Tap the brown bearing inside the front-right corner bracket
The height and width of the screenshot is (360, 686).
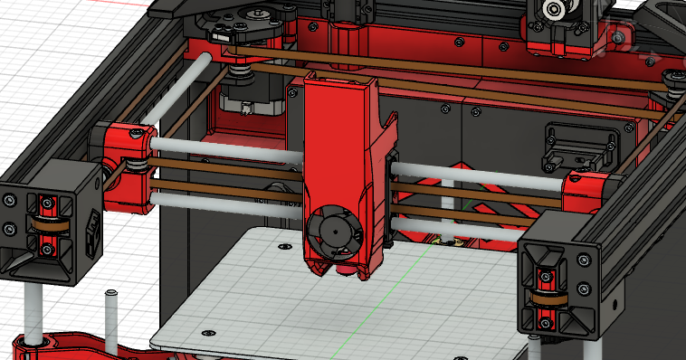click(547, 298)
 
